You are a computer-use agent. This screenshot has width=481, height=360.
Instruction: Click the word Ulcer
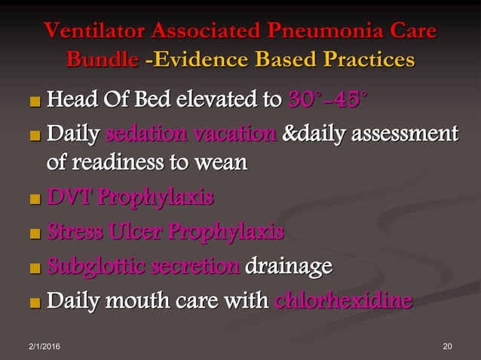(x=133, y=230)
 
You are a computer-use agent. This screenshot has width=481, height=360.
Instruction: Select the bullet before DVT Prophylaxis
(x=35, y=199)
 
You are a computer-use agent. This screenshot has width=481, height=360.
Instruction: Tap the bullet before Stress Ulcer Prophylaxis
(x=35, y=232)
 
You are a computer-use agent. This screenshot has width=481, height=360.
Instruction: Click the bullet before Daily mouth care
(x=35, y=303)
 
